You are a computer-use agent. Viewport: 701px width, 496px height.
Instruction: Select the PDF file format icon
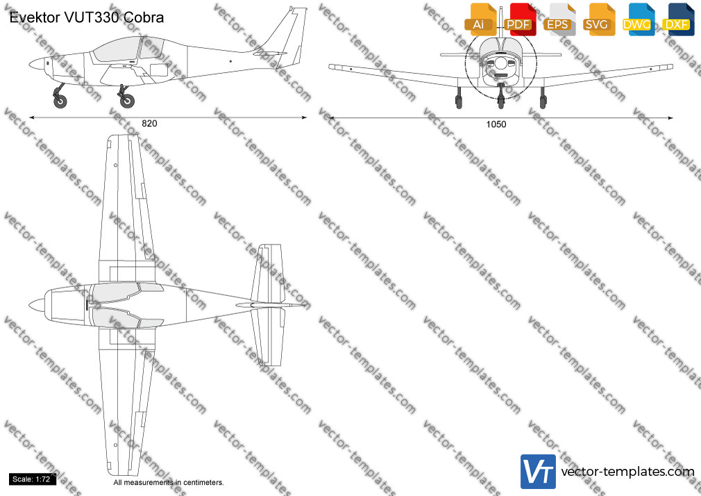point(520,19)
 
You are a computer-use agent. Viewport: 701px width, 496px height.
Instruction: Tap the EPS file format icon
point(559,19)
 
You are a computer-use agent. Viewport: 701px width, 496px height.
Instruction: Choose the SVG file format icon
point(598,19)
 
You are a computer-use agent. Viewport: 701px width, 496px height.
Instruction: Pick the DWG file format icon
point(639,19)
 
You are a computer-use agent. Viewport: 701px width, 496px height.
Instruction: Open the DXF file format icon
point(678,19)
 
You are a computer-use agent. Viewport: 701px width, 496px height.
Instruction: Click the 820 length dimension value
point(149,124)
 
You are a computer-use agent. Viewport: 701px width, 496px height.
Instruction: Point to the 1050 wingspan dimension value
point(496,124)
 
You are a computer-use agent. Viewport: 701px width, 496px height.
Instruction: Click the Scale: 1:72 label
point(31,479)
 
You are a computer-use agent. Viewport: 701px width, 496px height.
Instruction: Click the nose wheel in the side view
point(60,101)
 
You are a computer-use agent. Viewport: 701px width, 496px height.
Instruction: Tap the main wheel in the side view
point(127,101)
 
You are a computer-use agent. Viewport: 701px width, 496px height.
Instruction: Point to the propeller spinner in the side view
point(38,64)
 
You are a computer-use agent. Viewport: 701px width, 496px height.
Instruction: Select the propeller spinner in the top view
point(38,305)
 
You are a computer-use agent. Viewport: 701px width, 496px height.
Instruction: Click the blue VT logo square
point(539,472)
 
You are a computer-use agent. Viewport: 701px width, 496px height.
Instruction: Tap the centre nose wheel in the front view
point(501,100)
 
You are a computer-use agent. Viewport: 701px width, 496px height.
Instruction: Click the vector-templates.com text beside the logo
point(627,472)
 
